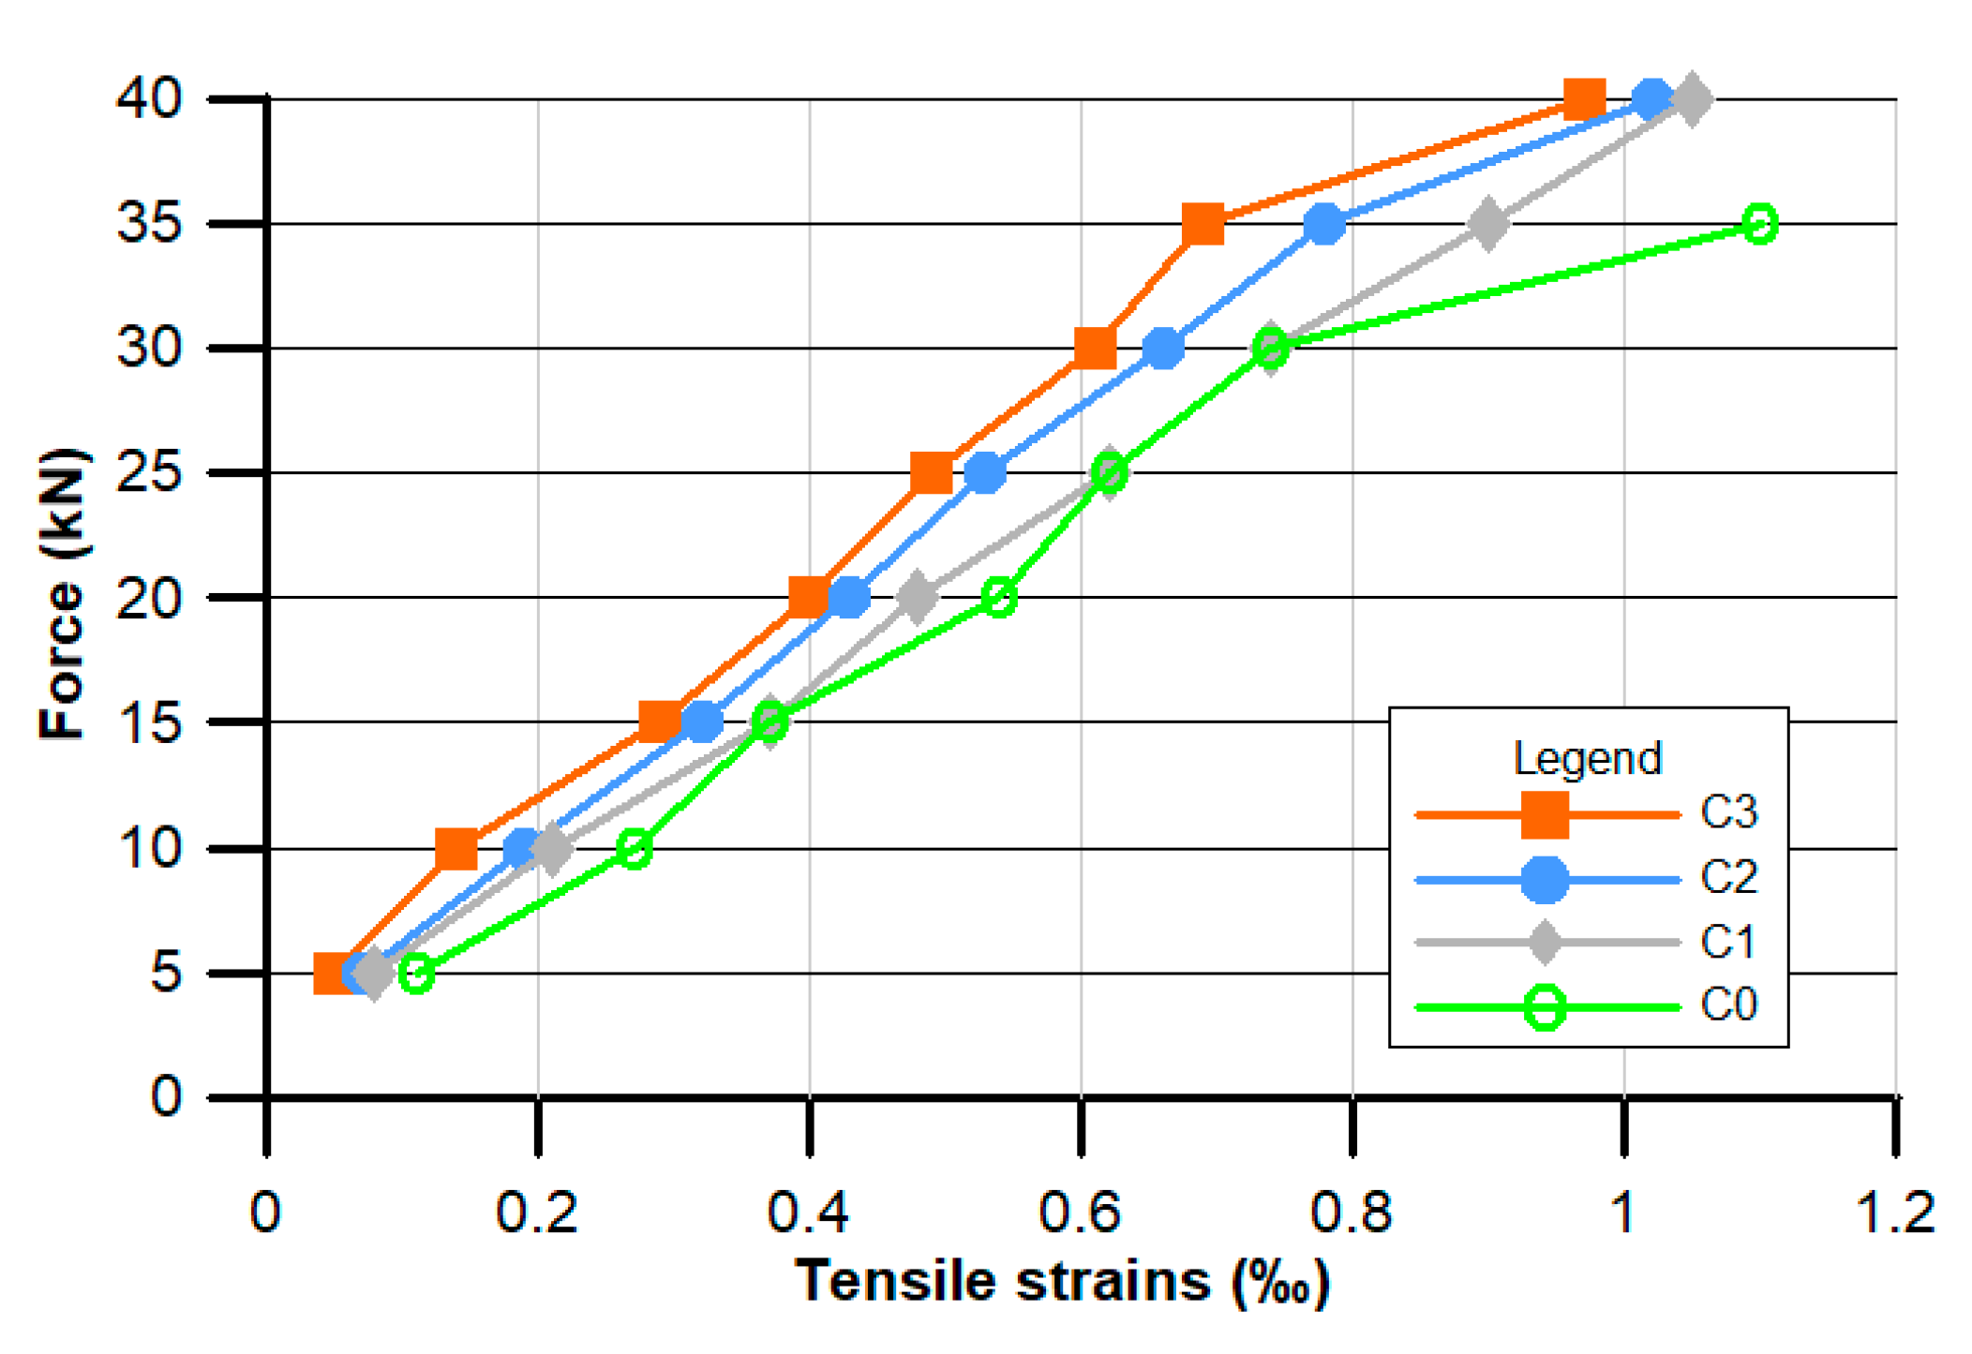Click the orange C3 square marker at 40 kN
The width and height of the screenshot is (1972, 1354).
(x=1584, y=98)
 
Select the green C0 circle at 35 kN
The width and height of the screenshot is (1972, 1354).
(x=1760, y=224)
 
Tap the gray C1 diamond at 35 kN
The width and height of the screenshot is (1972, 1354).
(x=1488, y=224)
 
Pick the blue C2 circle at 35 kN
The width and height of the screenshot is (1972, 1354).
(x=1324, y=224)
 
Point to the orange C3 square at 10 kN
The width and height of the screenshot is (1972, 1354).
(x=456, y=849)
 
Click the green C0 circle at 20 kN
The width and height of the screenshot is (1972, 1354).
(x=999, y=597)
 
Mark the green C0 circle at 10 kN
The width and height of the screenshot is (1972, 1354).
(x=635, y=849)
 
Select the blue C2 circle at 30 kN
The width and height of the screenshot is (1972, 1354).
(x=1163, y=349)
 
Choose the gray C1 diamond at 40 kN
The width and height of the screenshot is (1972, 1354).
(x=1691, y=99)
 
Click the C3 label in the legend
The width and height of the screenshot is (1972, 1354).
(x=1728, y=812)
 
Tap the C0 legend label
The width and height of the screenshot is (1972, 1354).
(x=1728, y=1005)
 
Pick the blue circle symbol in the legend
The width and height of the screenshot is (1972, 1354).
(x=1545, y=880)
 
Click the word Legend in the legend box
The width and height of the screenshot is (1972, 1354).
(x=1587, y=758)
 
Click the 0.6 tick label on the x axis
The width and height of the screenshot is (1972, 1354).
(x=1080, y=1212)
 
